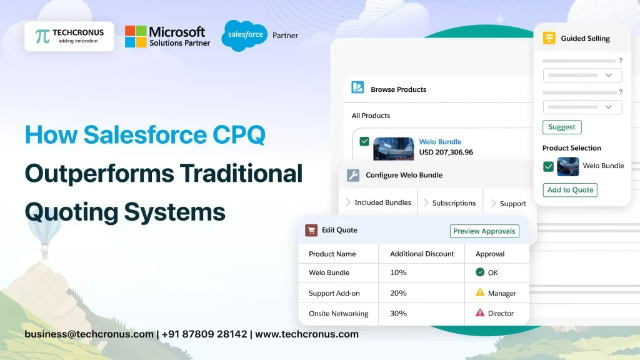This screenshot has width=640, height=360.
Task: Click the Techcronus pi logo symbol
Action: click(42, 36)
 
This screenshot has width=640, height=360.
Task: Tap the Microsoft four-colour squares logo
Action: click(136, 36)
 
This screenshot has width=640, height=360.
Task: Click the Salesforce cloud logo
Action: click(244, 35)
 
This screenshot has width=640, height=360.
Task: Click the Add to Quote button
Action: click(569, 190)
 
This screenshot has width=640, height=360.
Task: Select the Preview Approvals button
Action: click(484, 231)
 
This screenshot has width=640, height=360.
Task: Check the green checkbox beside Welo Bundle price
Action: click(364, 142)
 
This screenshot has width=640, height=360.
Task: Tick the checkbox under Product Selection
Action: click(548, 166)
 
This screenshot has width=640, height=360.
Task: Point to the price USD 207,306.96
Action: click(446, 152)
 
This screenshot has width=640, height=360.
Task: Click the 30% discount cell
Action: click(398, 313)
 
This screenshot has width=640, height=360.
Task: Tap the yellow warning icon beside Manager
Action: click(480, 292)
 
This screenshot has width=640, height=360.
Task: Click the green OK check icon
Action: click(480, 272)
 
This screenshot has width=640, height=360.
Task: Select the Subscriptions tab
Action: click(454, 203)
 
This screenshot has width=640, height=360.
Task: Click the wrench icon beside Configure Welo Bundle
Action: click(353, 176)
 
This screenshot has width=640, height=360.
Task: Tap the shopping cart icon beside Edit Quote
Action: click(311, 230)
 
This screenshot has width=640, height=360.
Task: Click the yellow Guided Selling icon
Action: click(549, 38)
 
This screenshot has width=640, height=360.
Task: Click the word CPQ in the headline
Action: click(239, 135)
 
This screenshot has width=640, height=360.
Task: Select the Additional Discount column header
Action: click(422, 254)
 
